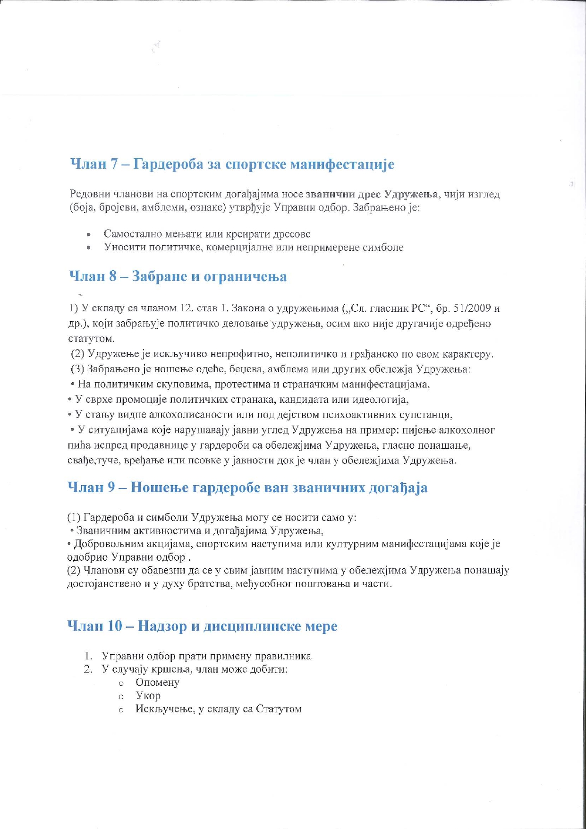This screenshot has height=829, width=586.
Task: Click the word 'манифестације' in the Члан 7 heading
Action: click(342, 164)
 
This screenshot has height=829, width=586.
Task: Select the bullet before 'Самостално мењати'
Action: click(88, 234)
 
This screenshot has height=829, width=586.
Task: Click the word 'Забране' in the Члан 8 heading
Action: click(159, 276)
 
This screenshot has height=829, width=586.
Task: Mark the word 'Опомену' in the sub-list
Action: click(157, 683)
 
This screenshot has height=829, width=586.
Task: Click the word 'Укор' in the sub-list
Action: click(148, 696)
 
